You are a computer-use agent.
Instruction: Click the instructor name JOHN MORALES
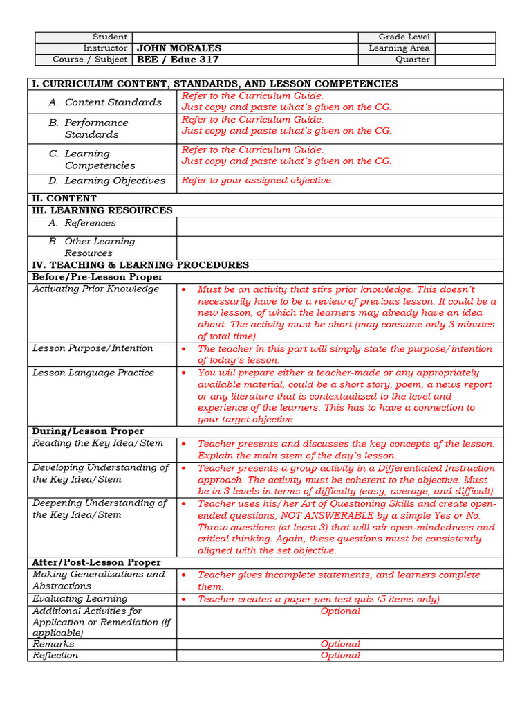click(x=179, y=48)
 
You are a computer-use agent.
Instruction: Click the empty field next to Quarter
click(x=465, y=60)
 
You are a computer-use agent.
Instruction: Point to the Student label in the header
click(x=110, y=37)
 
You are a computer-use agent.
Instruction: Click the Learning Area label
click(x=399, y=48)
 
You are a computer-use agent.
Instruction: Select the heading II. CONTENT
click(x=64, y=199)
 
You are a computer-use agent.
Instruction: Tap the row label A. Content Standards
click(x=105, y=102)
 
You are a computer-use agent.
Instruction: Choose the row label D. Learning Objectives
click(x=107, y=181)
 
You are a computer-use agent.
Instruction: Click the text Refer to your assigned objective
click(x=257, y=181)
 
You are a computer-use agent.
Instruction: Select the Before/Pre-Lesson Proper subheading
click(x=97, y=277)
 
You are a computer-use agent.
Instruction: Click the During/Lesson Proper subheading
click(x=88, y=431)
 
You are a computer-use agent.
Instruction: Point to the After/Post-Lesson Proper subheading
click(x=96, y=562)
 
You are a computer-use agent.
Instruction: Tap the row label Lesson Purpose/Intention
click(x=93, y=348)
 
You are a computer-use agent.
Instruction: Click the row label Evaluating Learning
click(x=80, y=598)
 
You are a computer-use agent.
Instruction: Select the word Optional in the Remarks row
click(x=340, y=644)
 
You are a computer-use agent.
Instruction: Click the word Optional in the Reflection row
click(x=340, y=655)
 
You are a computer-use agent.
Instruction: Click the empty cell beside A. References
click(x=340, y=226)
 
